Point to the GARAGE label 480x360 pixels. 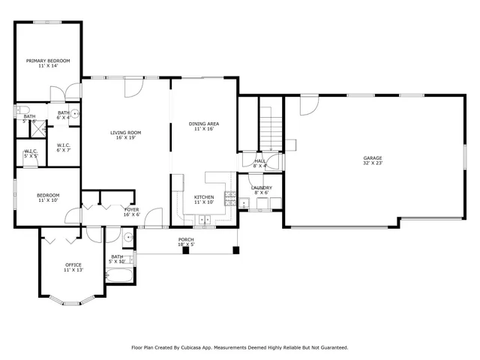[373, 158]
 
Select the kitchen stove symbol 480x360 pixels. [232, 200]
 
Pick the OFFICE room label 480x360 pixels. [73, 265]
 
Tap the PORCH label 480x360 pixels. [186, 239]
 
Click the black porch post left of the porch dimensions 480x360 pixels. [185, 250]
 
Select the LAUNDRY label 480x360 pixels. [261, 188]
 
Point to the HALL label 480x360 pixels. [259, 160]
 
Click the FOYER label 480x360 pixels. [131, 210]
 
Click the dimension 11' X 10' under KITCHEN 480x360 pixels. [204, 202]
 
